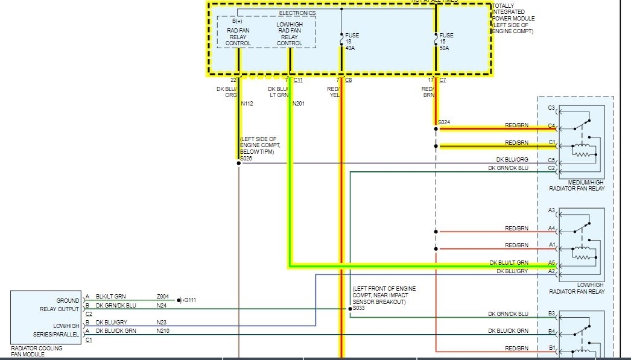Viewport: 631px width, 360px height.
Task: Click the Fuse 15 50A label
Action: click(x=446, y=42)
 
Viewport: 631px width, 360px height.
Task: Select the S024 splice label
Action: click(x=444, y=122)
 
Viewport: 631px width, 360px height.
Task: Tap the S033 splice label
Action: click(x=360, y=308)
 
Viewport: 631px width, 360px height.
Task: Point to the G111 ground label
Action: click(x=189, y=300)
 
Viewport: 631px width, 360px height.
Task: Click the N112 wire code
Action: click(x=247, y=104)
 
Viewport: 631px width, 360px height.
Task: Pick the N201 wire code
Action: click(x=299, y=104)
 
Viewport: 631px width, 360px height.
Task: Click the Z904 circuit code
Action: click(x=163, y=297)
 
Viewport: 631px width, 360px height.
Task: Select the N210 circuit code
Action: click(x=163, y=330)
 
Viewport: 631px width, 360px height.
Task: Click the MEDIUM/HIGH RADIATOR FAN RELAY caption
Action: click(x=577, y=185)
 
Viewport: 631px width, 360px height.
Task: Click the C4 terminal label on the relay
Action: click(x=551, y=126)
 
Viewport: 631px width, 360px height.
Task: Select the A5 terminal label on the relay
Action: click(x=551, y=263)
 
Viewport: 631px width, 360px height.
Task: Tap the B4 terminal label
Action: click(x=551, y=331)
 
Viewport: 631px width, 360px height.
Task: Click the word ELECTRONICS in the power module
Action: click(x=297, y=13)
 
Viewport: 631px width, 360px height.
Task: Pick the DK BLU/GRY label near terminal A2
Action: click(x=512, y=271)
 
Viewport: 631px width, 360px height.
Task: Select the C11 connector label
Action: click(x=298, y=80)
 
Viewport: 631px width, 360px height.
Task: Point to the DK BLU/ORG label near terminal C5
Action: click(x=512, y=160)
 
